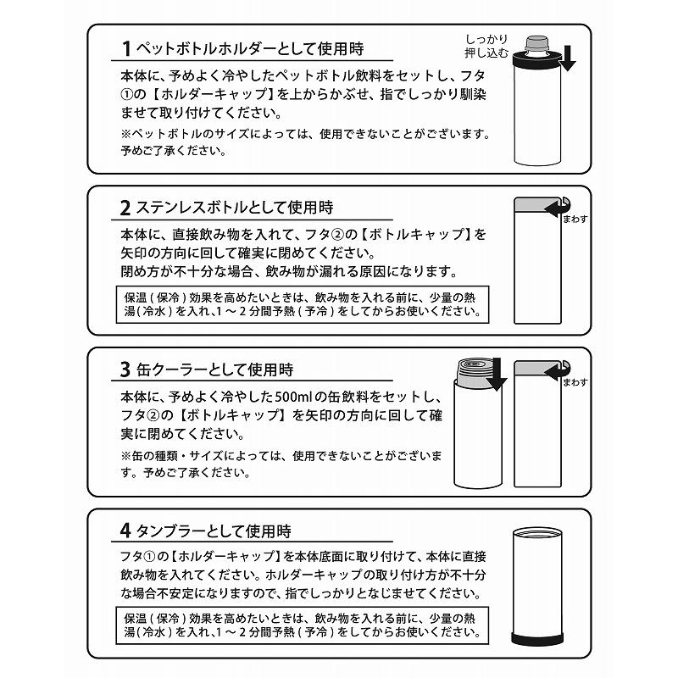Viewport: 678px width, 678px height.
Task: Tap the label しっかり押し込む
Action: [486, 47]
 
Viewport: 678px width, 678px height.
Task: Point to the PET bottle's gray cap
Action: [536, 42]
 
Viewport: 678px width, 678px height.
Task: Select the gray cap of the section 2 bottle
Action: [535, 207]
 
